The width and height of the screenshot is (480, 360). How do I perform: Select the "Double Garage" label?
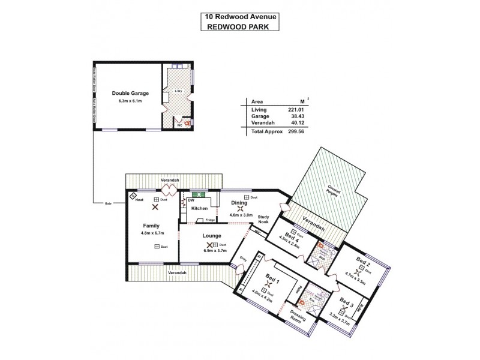pyautogui.click(x=130, y=93)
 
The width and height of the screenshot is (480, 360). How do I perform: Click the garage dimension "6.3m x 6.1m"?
pyautogui.click(x=130, y=101)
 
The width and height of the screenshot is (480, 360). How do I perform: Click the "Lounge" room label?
pyautogui.click(x=212, y=236)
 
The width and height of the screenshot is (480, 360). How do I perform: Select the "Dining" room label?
pyautogui.click(x=239, y=203)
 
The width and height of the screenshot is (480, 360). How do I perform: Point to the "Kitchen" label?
pyautogui.click(x=199, y=208)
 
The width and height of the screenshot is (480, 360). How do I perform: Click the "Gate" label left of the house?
pyautogui.click(x=109, y=203)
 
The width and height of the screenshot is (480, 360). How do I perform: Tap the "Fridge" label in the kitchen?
pyautogui.click(x=211, y=220)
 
